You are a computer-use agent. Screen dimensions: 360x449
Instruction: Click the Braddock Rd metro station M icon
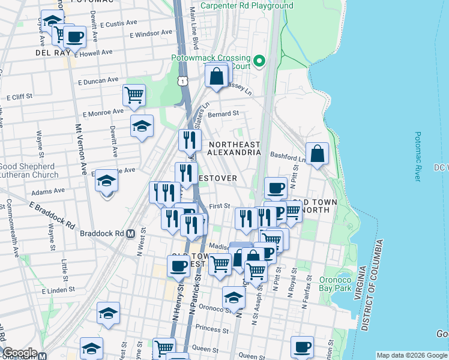pyautogui.click(x=130, y=233)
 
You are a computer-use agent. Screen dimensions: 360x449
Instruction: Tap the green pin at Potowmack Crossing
pyautogui.click(x=259, y=61)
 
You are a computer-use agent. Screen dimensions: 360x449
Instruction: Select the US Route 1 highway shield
pyautogui.click(x=181, y=80)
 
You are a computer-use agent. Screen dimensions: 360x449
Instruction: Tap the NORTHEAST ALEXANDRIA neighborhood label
pyautogui.click(x=234, y=148)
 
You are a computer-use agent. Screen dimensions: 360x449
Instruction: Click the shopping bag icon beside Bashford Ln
pyautogui.click(x=317, y=154)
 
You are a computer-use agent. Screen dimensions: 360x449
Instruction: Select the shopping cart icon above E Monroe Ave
pyautogui.click(x=134, y=94)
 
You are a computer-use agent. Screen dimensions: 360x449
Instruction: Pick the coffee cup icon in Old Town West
pyautogui.click(x=178, y=266)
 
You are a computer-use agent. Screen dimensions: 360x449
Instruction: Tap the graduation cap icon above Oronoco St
pyautogui.click(x=234, y=297)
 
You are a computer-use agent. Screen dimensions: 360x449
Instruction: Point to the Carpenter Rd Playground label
pyautogui.click(x=247, y=5)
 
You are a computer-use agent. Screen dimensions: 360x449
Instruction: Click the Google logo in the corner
pyautogui.click(x=19, y=353)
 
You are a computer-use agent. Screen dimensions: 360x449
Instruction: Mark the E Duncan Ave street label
pyautogui.click(x=98, y=80)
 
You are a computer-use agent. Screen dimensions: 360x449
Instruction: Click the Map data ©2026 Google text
pyautogui.click(x=411, y=355)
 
